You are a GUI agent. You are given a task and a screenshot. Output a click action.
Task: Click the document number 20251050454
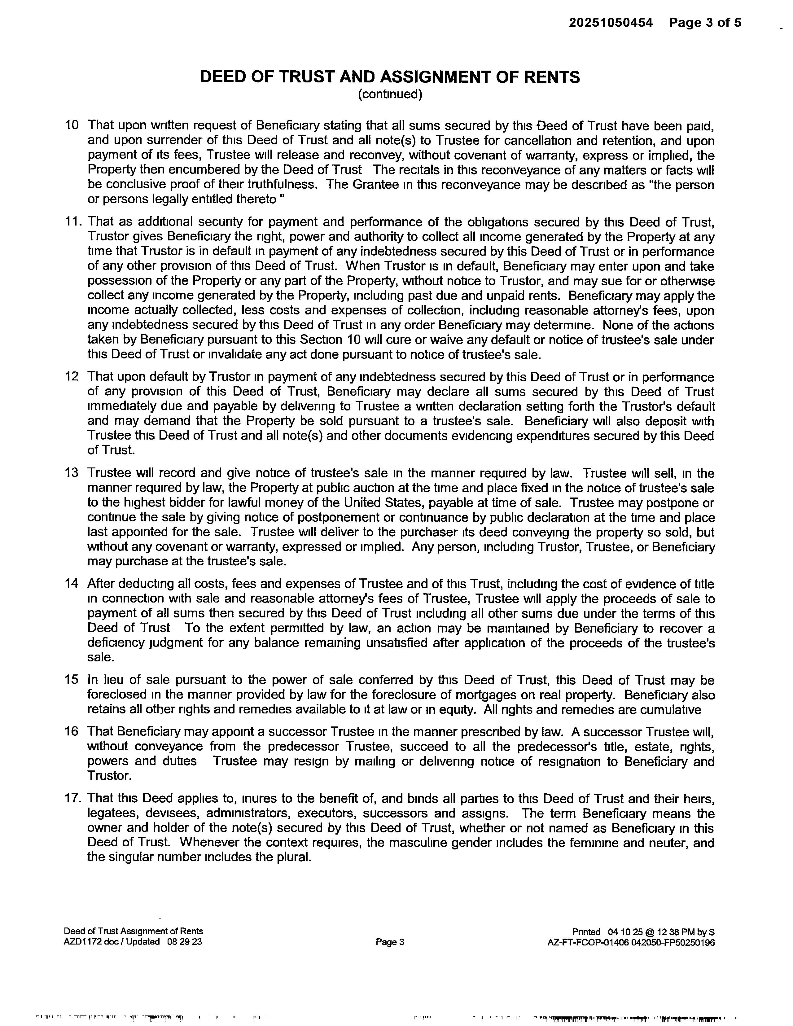click(611, 23)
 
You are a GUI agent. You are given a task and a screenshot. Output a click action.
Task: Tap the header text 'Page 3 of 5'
click(705, 23)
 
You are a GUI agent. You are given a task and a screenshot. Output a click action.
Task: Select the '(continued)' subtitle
click(390, 94)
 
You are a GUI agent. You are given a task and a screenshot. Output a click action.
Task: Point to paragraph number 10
click(72, 125)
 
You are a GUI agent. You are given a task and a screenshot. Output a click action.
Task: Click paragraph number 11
click(73, 222)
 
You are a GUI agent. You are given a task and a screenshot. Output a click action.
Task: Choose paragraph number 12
click(72, 377)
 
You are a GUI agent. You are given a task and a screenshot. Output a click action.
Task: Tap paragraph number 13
click(72, 473)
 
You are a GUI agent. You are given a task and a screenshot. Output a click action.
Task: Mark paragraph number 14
click(72, 584)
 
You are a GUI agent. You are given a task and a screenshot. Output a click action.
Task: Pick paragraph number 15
click(72, 680)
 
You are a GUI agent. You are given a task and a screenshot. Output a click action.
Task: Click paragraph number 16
click(72, 732)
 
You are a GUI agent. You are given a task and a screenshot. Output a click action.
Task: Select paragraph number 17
click(73, 799)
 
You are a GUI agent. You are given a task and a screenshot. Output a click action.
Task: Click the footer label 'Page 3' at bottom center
click(390, 942)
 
